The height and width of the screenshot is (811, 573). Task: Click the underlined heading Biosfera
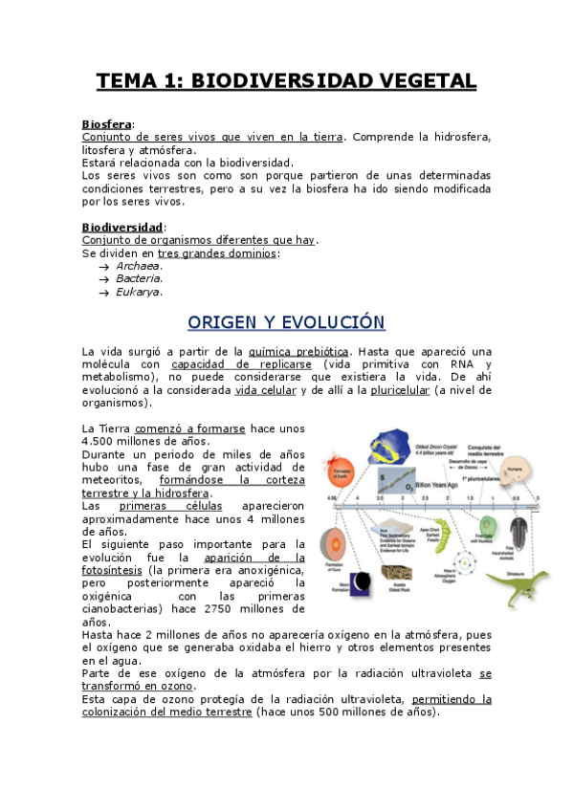(107, 124)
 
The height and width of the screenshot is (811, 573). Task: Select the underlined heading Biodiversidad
(122, 228)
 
